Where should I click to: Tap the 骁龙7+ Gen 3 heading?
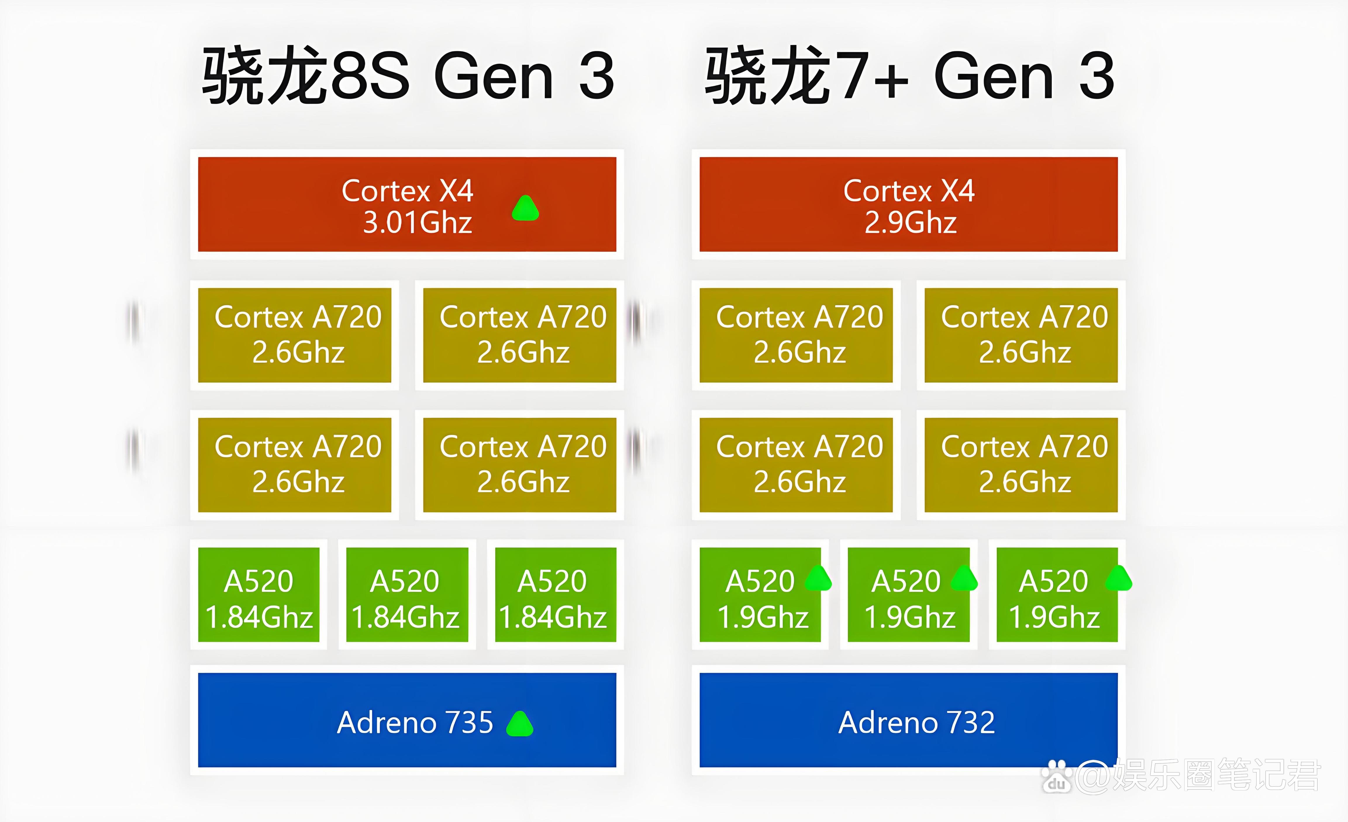point(910,75)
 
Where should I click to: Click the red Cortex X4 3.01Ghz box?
point(407,204)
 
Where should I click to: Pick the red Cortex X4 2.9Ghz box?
point(909,204)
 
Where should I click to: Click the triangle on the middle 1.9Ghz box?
point(964,578)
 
